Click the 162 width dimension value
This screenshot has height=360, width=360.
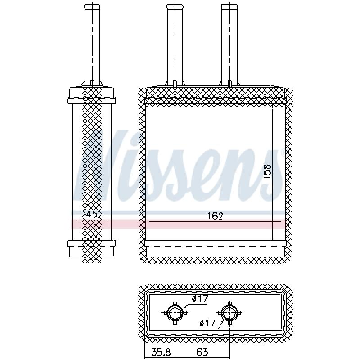(215, 216)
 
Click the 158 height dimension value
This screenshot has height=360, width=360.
(267, 172)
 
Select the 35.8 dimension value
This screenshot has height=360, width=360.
(161, 352)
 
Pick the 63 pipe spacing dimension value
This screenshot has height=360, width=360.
(202, 352)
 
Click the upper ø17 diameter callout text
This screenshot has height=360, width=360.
(200, 298)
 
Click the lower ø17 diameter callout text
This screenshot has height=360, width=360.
(208, 323)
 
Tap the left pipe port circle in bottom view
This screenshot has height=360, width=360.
(175, 313)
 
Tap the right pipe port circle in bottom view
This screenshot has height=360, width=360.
(229, 313)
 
